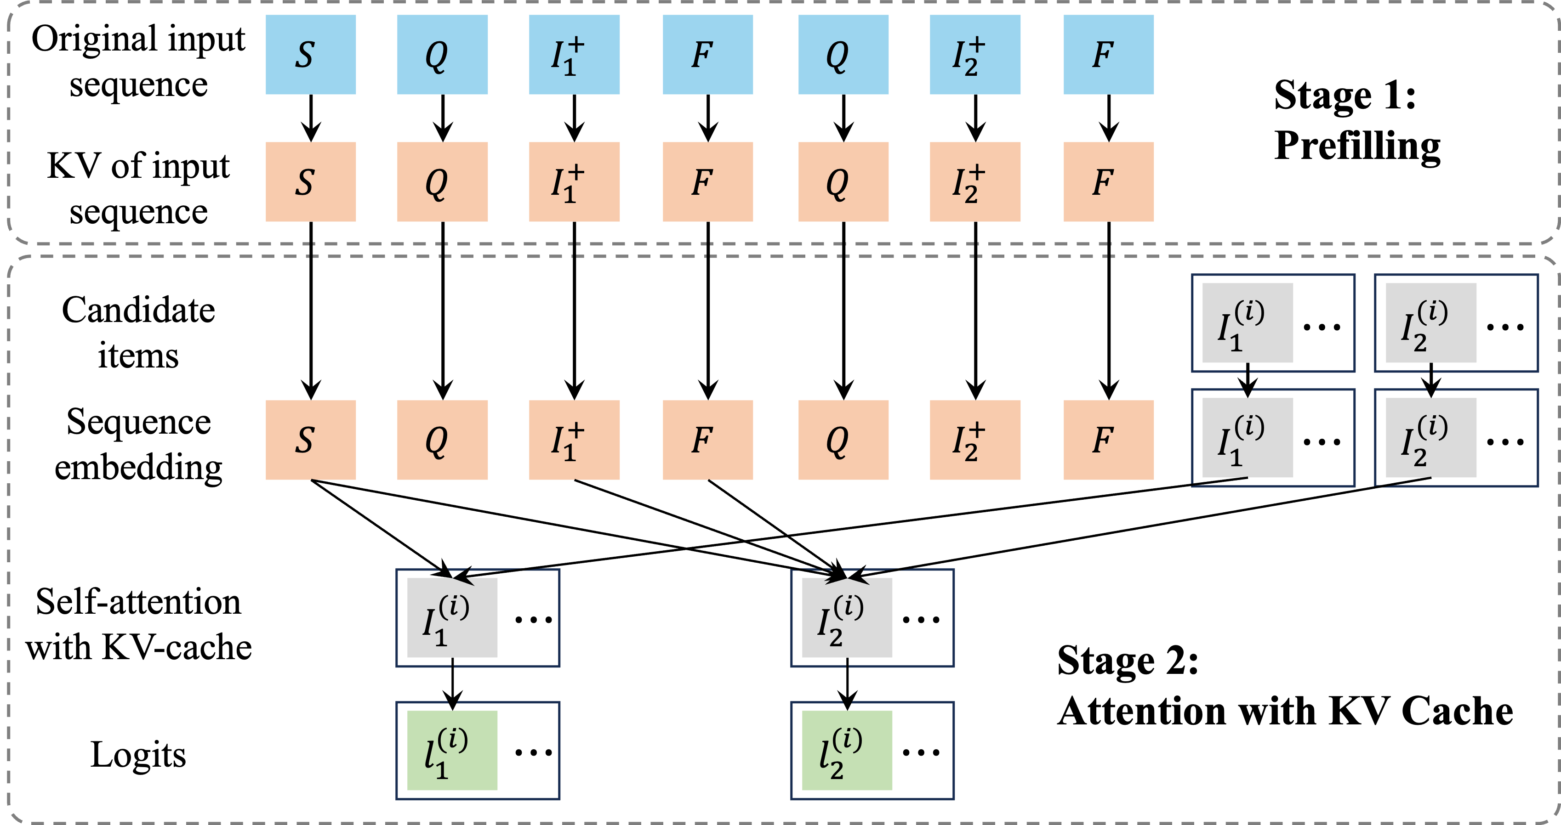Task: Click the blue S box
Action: tap(310, 55)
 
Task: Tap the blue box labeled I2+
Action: tap(974, 55)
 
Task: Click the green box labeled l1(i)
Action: tap(452, 751)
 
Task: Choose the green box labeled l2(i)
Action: tap(847, 751)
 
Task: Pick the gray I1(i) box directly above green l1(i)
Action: tap(452, 618)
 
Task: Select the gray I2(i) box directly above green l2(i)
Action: tap(847, 618)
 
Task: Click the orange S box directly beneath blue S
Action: tap(310, 182)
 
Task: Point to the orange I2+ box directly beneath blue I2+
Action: tap(974, 182)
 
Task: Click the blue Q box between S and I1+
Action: tap(442, 55)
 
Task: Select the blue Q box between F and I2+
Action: tap(843, 55)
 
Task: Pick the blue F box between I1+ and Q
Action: tap(708, 55)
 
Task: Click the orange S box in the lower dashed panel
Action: tap(310, 440)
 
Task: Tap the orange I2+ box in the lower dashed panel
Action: tap(974, 440)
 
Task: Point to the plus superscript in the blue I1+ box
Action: tap(575, 44)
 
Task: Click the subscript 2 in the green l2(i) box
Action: tap(837, 770)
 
